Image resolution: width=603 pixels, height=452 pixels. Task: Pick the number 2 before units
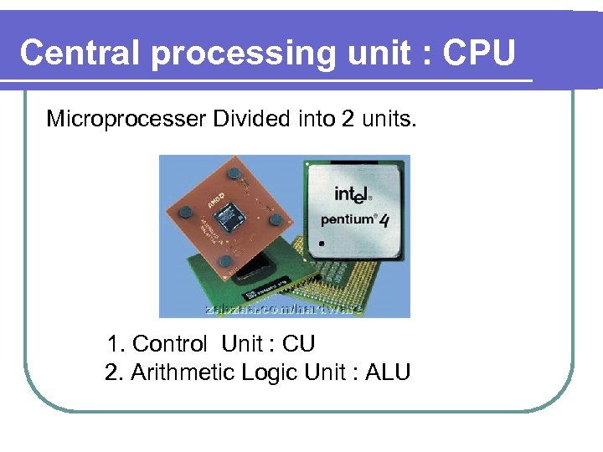[x=348, y=119]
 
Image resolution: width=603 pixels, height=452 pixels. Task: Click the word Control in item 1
[x=169, y=344]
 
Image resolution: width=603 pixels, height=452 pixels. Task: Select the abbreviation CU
[x=298, y=344]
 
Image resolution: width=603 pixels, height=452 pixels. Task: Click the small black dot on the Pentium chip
[x=320, y=244]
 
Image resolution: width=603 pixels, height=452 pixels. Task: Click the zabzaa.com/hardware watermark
[x=285, y=309]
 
